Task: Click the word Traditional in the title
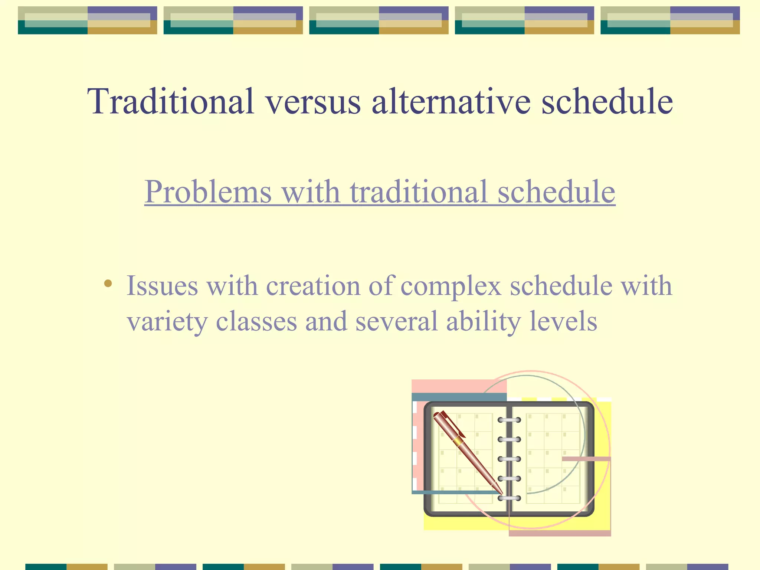point(171,101)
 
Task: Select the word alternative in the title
point(451,101)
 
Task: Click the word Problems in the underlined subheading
point(208,192)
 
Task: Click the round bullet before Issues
point(108,284)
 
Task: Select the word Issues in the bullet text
point(162,286)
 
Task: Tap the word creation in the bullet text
point(313,286)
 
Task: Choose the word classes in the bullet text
point(256,321)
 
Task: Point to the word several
point(396,321)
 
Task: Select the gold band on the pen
point(459,440)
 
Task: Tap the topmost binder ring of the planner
point(509,420)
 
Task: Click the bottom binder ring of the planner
point(509,498)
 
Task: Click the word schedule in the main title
point(607,101)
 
